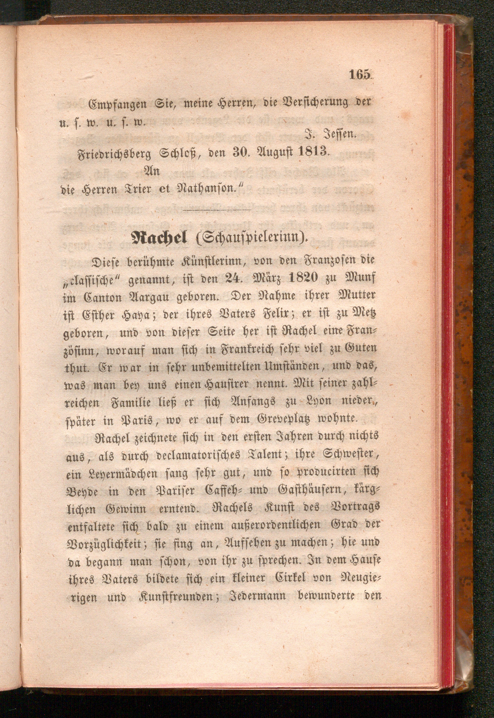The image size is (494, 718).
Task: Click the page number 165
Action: [360, 75]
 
